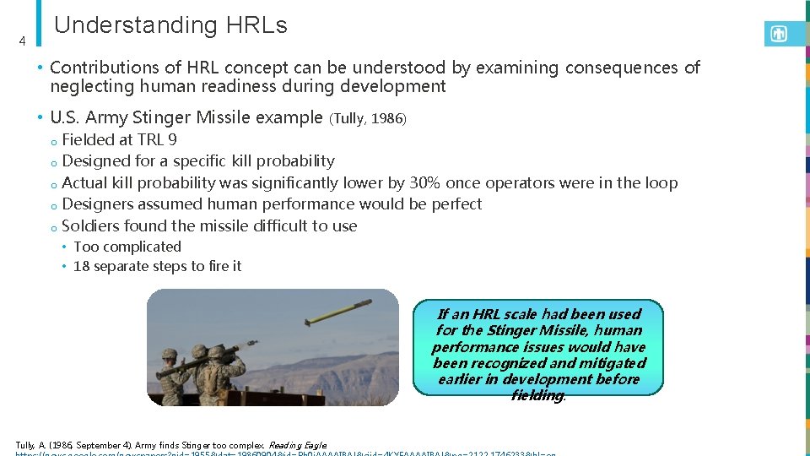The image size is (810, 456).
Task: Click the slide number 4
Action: coord(23,41)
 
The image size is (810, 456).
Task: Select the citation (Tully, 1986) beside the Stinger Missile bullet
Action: coord(370,119)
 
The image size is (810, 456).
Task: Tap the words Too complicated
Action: coord(127,247)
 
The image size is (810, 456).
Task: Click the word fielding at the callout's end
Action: coord(537,395)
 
